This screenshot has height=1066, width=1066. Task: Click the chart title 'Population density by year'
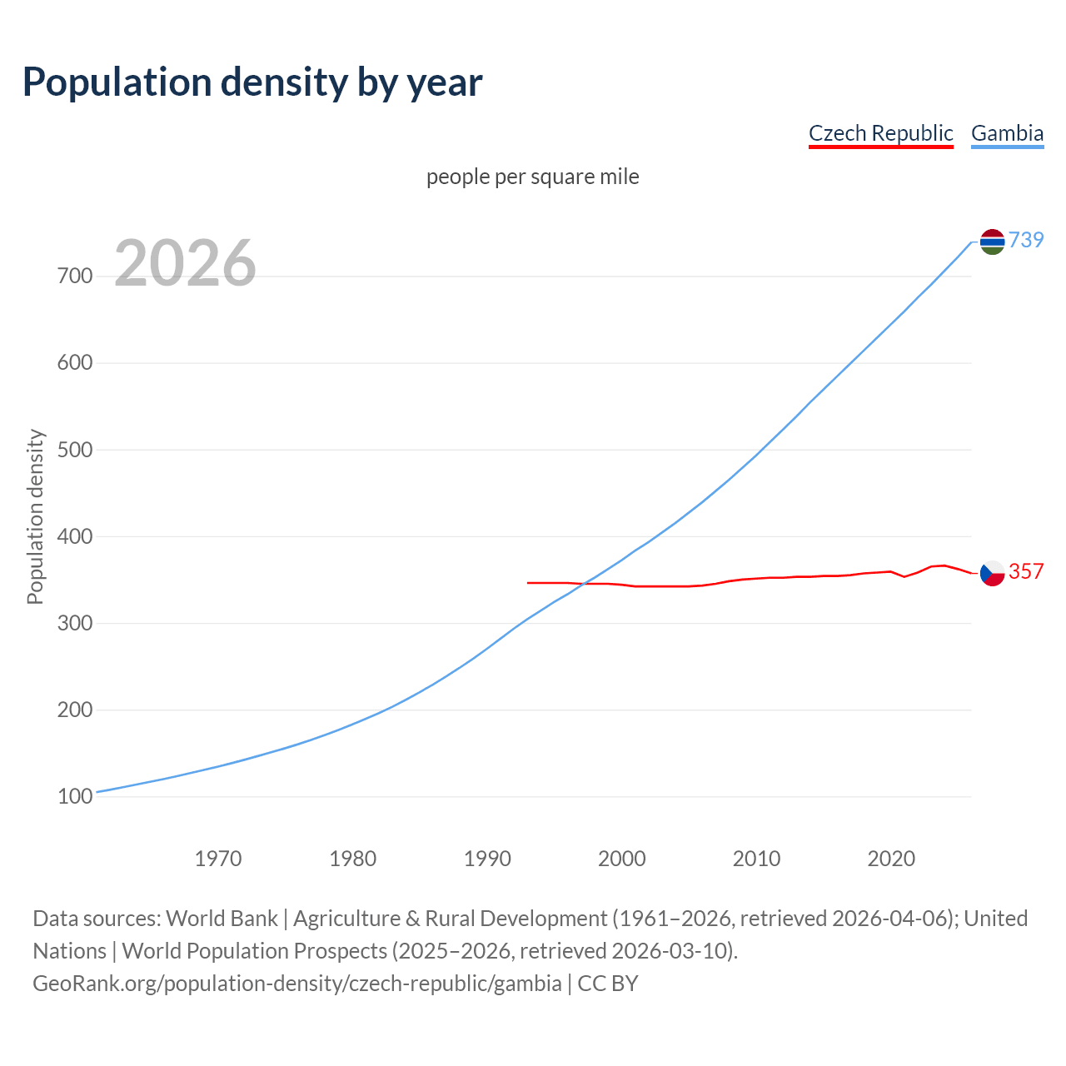pos(252,82)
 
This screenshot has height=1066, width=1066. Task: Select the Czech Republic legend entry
pos(880,133)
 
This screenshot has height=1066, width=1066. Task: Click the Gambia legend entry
pos(1007,133)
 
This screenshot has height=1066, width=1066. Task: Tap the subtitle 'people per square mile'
pos(533,177)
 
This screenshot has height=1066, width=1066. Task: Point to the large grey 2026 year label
pos(185,263)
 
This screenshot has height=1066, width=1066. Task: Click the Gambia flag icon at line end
pos(992,242)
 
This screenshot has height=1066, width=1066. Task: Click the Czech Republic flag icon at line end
pos(992,573)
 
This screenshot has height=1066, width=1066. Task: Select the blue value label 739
pos(1026,240)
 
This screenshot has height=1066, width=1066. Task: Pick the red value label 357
pos(1026,571)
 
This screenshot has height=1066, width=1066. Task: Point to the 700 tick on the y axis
pos(75,276)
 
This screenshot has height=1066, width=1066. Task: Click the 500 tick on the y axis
pos(75,450)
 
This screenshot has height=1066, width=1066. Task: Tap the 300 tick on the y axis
pos(75,624)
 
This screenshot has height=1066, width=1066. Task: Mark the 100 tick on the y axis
pos(75,797)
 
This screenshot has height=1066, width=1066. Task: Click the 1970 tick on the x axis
pos(218,859)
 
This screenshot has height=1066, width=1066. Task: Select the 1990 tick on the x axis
pos(487,859)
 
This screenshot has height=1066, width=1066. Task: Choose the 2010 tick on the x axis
pos(756,859)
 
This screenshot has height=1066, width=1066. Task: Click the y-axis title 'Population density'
pos(35,516)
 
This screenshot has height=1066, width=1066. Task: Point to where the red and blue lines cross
pos(582,583)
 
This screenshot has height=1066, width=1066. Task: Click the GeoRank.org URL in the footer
pos(297,984)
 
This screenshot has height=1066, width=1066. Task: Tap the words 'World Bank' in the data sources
pos(222,919)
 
